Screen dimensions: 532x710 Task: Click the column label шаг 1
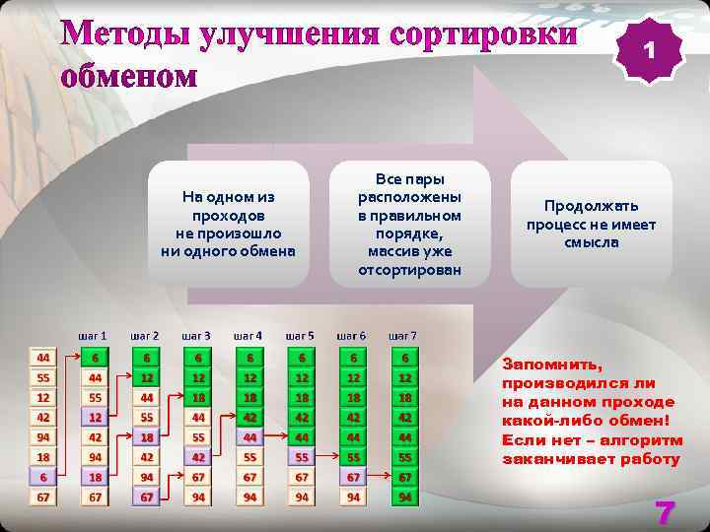pos(93,336)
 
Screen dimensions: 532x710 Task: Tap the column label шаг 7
pos(402,336)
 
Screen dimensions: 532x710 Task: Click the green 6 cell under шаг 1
pos(95,358)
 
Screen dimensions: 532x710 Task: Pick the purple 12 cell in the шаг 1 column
pos(95,417)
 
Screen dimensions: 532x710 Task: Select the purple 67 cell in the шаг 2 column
pos(147,497)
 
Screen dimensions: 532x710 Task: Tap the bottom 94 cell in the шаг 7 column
pos(404,497)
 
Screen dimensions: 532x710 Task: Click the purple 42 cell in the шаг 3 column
pos(198,457)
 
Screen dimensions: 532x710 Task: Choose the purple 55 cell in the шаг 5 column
pos(302,457)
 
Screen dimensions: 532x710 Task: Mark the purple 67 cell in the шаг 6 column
pos(353,477)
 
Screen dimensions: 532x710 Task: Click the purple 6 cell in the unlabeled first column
pos(43,477)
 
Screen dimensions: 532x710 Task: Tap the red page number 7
pos(665,511)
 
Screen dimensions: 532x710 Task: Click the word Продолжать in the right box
pos(591,206)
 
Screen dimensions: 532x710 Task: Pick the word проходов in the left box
pos(228,215)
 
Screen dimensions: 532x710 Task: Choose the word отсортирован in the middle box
pos(409,269)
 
